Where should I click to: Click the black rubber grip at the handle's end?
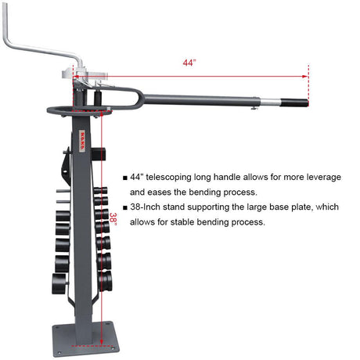295,103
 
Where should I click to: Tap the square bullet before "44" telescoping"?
124,178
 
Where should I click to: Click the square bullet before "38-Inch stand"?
124,207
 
